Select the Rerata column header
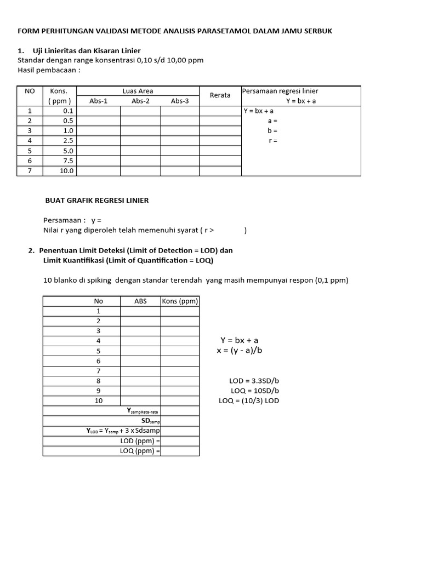point(220,95)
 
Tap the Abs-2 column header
point(140,101)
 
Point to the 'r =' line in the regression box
point(272,141)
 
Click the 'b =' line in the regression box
point(272,131)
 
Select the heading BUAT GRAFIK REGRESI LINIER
point(96,201)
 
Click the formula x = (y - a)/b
point(239,351)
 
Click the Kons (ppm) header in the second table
point(180,301)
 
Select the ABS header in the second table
point(140,301)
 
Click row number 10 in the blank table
point(99,401)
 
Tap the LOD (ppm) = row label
point(140,441)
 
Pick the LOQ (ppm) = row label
point(140,451)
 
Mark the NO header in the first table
point(30,91)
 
